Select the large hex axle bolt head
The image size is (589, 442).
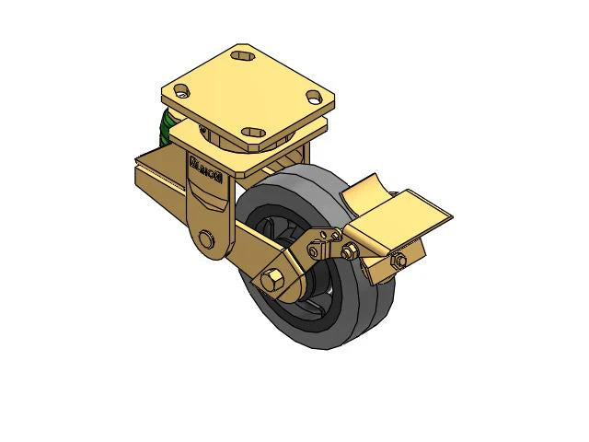pos(272,279)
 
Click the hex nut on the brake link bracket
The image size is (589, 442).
pos(350,252)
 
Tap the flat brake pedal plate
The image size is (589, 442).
pos(406,214)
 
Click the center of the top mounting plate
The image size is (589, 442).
pos(248,92)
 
